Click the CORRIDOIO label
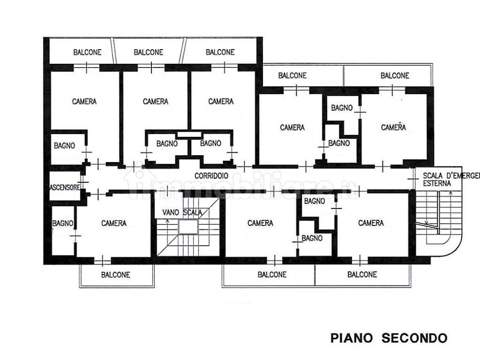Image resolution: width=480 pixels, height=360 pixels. [x=211, y=176]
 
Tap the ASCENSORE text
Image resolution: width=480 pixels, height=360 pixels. [x=65, y=187]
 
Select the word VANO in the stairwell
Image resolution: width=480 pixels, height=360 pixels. [x=171, y=212]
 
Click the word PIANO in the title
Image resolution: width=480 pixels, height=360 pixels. [x=352, y=338]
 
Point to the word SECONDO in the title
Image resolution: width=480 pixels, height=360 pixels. [x=414, y=338]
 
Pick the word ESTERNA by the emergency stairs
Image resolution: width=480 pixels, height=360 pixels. [x=437, y=183]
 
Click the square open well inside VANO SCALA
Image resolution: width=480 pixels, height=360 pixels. [x=188, y=227]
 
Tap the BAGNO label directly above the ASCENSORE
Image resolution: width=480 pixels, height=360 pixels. [x=65, y=145]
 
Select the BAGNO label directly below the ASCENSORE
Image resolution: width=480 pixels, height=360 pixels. [x=63, y=224]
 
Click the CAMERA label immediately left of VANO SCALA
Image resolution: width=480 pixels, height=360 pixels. [x=114, y=223]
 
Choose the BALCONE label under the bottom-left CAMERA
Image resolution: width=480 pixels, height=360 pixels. [x=116, y=275]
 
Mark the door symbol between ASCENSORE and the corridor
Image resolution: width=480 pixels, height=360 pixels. [x=82, y=182]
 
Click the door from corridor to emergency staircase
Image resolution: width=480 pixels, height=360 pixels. [x=413, y=179]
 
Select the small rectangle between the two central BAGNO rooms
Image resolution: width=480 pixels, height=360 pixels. [x=189, y=135]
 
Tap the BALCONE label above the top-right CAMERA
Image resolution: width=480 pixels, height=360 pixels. [x=395, y=75]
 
